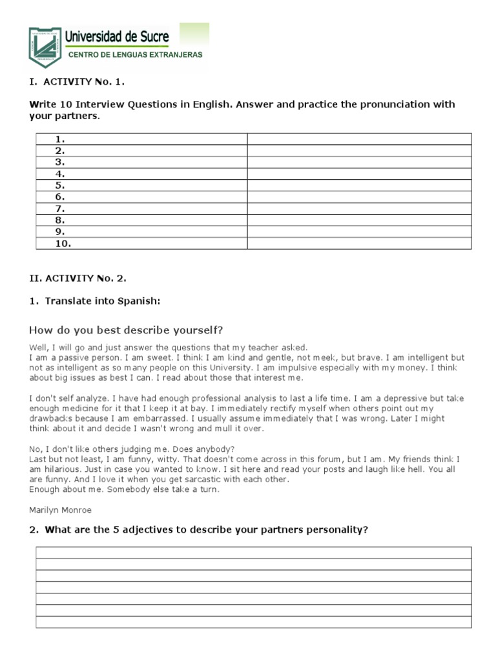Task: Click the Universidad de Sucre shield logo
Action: pos(45,47)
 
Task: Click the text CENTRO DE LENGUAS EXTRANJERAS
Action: pos(136,55)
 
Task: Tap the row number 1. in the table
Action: pos(61,139)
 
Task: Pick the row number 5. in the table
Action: pos(61,186)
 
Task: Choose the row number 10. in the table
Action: pos(63,244)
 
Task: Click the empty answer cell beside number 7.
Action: pos(359,209)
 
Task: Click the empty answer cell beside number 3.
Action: pos(359,162)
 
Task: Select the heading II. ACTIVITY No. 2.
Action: pos(78,279)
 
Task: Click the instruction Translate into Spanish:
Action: pos(103,301)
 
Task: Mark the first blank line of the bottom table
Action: pos(253,553)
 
